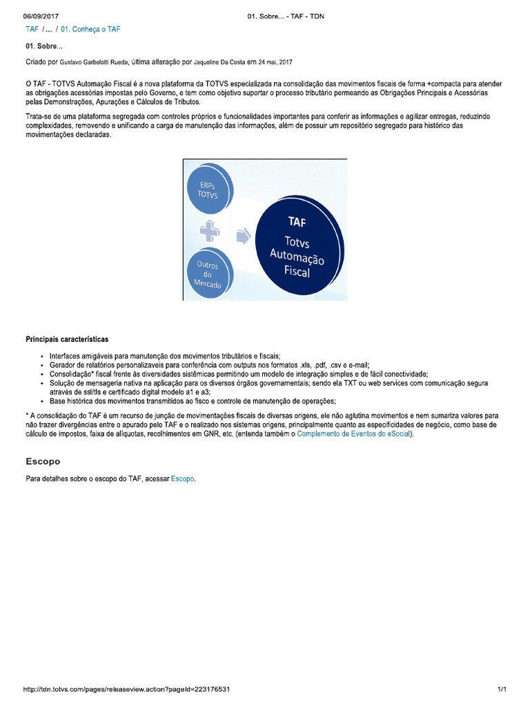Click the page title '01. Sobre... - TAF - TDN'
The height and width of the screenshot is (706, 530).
pyautogui.click(x=285, y=17)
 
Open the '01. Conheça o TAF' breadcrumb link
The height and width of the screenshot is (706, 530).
pyautogui.click(x=90, y=30)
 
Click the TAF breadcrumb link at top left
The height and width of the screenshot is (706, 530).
pyautogui.click(x=32, y=30)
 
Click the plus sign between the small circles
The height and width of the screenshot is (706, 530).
pyautogui.click(x=210, y=232)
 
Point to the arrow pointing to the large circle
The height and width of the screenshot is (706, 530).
pyautogui.click(x=243, y=236)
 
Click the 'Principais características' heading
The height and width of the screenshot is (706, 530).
pyautogui.click(x=67, y=339)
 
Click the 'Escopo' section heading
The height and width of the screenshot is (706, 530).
pyautogui.click(x=43, y=461)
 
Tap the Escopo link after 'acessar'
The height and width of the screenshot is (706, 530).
pyautogui.click(x=183, y=478)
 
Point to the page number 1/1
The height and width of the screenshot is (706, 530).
pyautogui.click(x=502, y=689)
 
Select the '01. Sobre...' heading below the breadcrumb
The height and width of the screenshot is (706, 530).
pyautogui.click(x=43, y=46)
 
